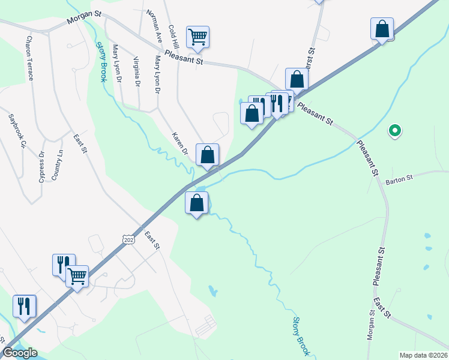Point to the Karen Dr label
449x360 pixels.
[179, 144]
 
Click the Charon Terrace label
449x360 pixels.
[28, 58]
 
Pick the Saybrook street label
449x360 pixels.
[17, 131]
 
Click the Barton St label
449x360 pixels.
[400, 179]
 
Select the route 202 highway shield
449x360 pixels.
[128, 239]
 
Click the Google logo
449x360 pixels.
[19, 353]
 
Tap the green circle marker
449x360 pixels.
[394, 130]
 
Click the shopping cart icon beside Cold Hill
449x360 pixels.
[197, 37]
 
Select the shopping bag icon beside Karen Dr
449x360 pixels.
[207, 155]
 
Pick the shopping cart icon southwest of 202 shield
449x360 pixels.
[77, 277]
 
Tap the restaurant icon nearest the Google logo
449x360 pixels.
[25, 306]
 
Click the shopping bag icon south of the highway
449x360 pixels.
[197, 203]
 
